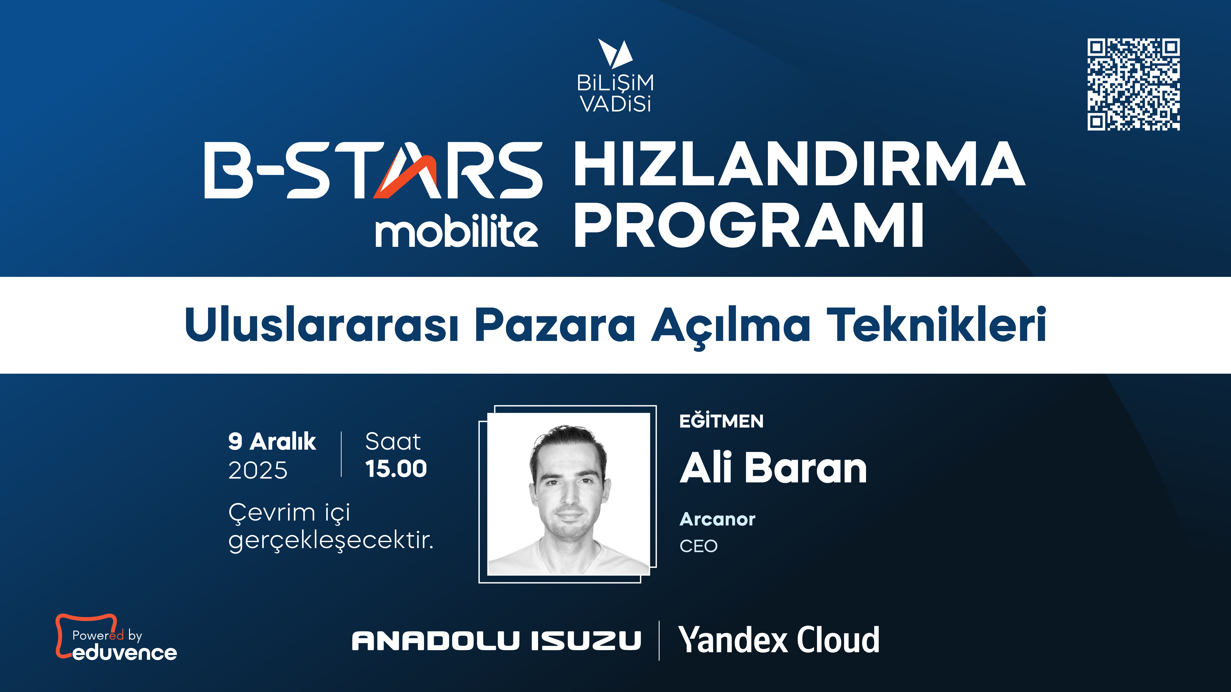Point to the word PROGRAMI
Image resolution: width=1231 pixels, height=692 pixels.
(x=749, y=225)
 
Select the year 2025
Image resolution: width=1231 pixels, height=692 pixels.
(x=258, y=470)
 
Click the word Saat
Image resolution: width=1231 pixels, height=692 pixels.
(x=393, y=441)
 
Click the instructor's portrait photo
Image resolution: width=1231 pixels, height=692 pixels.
(x=568, y=494)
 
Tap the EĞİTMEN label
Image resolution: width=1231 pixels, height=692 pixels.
(x=721, y=421)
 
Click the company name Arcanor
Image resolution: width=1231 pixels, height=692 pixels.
(x=717, y=519)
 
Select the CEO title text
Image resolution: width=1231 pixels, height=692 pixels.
(x=699, y=546)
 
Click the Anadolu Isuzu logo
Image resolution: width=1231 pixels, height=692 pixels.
(x=496, y=640)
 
